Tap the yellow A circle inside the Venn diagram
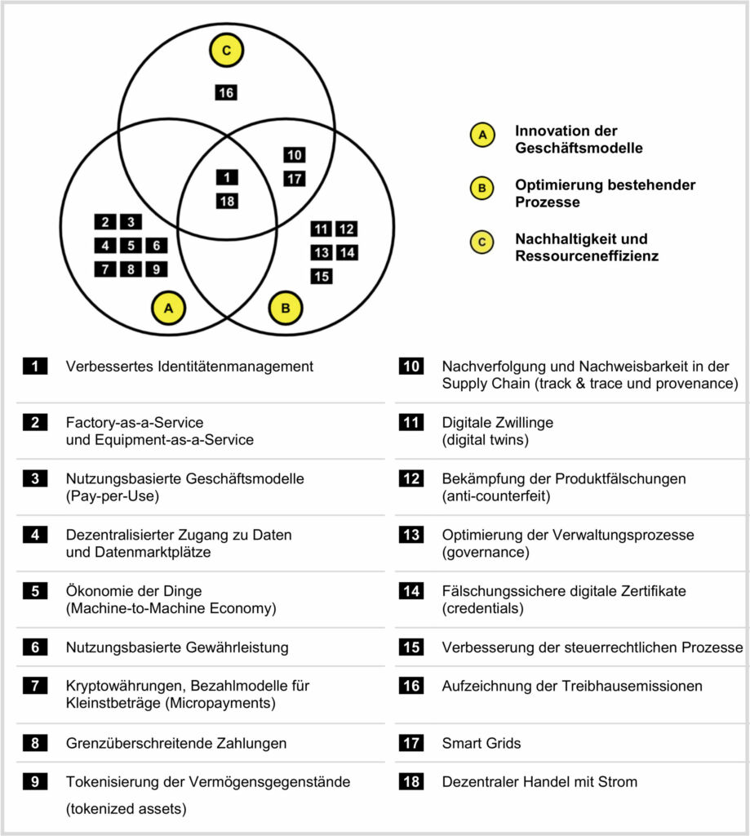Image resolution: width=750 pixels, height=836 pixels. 169,309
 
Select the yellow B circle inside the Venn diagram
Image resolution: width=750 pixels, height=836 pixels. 286,309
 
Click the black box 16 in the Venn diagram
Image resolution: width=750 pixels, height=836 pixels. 227,93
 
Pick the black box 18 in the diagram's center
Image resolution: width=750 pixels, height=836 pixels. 227,201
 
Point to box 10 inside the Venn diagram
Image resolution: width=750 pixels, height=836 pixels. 295,155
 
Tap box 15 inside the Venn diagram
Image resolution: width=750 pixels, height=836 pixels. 322,276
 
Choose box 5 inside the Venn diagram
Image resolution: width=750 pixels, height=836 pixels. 131,245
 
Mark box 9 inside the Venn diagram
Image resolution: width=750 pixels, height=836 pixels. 156,269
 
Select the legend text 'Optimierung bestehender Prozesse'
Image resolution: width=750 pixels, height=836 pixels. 605,193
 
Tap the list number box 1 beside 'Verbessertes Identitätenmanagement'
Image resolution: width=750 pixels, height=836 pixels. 35,367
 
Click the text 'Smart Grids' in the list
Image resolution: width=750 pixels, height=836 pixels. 482,743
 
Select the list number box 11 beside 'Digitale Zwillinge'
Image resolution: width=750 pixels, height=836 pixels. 411,423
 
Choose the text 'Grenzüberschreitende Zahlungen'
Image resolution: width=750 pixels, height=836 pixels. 175,743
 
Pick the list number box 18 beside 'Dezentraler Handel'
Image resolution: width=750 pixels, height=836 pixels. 411,781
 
